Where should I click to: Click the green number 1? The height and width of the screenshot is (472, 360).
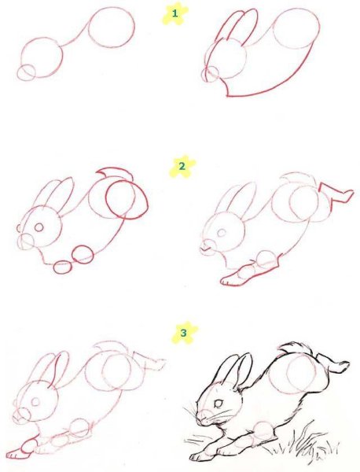pyautogui.click(x=174, y=13)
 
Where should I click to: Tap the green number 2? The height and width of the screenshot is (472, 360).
pyautogui.click(x=182, y=166)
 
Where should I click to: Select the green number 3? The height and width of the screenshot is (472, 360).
pyautogui.click(x=183, y=333)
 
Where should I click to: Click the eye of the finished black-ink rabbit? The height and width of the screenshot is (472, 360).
pyautogui.click(x=219, y=404)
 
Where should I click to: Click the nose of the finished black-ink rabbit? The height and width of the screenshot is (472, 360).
pyautogui.click(x=201, y=418)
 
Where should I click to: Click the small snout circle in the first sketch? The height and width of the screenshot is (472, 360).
pyautogui.click(x=26, y=72)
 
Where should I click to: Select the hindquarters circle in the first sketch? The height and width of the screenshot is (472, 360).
pyautogui.click(x=112, y=28)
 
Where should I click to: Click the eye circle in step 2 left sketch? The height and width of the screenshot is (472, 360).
pyautogui.click(x=39, y=227)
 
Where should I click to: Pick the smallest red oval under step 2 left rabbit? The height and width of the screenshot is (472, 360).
pyautogui.click(x=63, y=267)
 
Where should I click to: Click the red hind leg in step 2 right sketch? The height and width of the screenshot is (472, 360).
pyautogui.click(x=336, y=194)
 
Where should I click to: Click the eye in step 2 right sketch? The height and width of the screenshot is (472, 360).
pyautogui.click(x=222, y=233)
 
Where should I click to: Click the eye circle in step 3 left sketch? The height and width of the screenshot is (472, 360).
pyautogui.click(x=36, y=401)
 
